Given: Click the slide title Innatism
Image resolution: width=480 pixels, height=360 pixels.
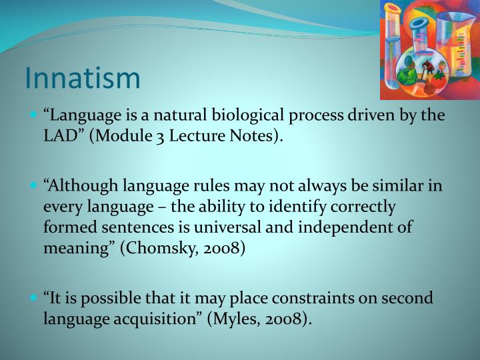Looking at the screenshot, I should tap(83, 77).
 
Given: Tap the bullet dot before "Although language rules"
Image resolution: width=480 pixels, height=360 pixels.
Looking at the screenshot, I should tap(33, 186).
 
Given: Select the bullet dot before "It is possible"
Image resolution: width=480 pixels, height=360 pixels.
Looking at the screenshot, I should tap(33, 297).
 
